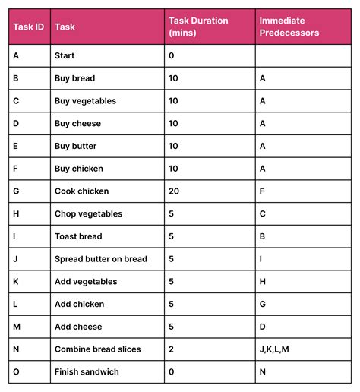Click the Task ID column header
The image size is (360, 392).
(x=29, y=27)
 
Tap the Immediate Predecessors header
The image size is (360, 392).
(x=289, y=27)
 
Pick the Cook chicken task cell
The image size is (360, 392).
(x=82, y=191)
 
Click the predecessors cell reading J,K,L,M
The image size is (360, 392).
(x=274, y=349)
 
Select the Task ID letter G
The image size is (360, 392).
(x=17, y=191)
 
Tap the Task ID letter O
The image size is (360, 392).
(x=17, y=372)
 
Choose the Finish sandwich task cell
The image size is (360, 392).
(x=87, y=372)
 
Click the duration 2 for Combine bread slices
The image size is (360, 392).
(x=171, y=349)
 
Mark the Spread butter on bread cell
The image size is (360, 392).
(x=101, y=259)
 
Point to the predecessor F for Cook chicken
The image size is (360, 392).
(x=262, y=191)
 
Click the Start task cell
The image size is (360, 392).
(x=66, y=55)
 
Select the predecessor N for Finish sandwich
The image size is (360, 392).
(x=263, y=372)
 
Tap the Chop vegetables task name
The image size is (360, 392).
(x=88, y=214)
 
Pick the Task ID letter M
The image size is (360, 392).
(x=17, y=327)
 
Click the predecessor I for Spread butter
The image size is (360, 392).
(x=261, y=259)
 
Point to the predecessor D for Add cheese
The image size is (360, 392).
(x=263, y=327)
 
